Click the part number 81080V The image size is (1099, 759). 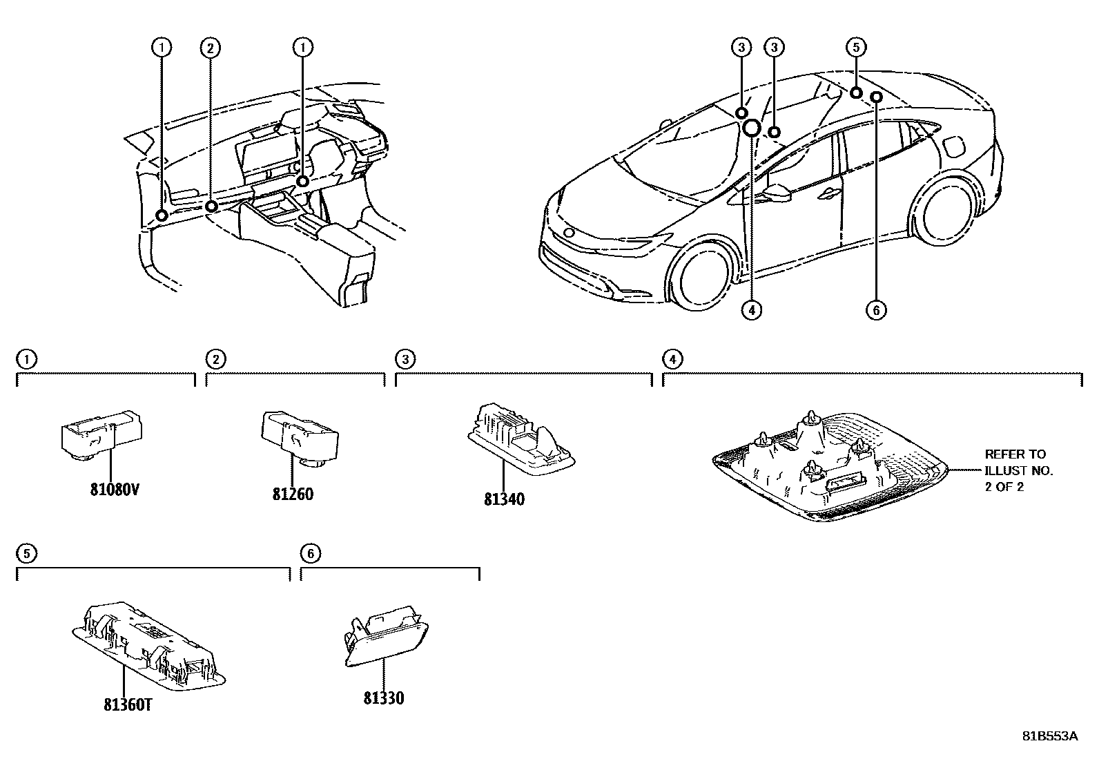point(114,489)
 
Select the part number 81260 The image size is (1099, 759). point(293,494)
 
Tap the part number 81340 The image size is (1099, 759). point(504,499)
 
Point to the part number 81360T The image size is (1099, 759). point(128,705)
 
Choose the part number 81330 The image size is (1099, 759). point(384,698)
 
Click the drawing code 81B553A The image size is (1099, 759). point(1049,736)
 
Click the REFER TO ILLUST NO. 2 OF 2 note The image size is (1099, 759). point(1018,470)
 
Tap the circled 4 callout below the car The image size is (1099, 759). point(752,310)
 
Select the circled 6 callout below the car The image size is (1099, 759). point(876,310)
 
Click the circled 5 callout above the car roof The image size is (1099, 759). point(855,47)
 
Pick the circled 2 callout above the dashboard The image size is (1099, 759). point(211,47)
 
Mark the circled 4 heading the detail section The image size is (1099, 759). point(672,358)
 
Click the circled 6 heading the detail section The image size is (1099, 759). point(310,553)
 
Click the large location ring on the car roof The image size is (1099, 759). point(752,127)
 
